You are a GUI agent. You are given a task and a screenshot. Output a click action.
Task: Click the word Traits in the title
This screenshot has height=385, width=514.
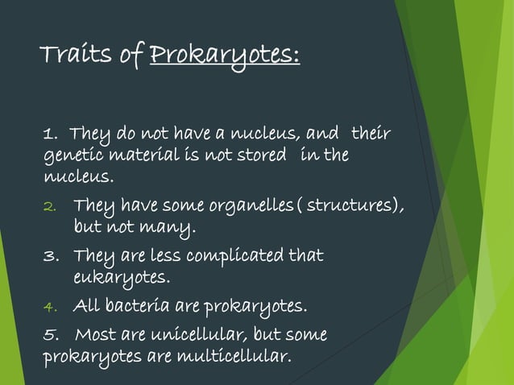[77, 56]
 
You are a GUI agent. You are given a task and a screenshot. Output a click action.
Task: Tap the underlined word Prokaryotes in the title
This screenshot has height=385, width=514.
[225, 57]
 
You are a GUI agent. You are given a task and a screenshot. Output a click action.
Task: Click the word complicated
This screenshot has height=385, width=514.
[242, 257]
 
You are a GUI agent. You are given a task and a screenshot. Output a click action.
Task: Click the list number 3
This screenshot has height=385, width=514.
[48, 258]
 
